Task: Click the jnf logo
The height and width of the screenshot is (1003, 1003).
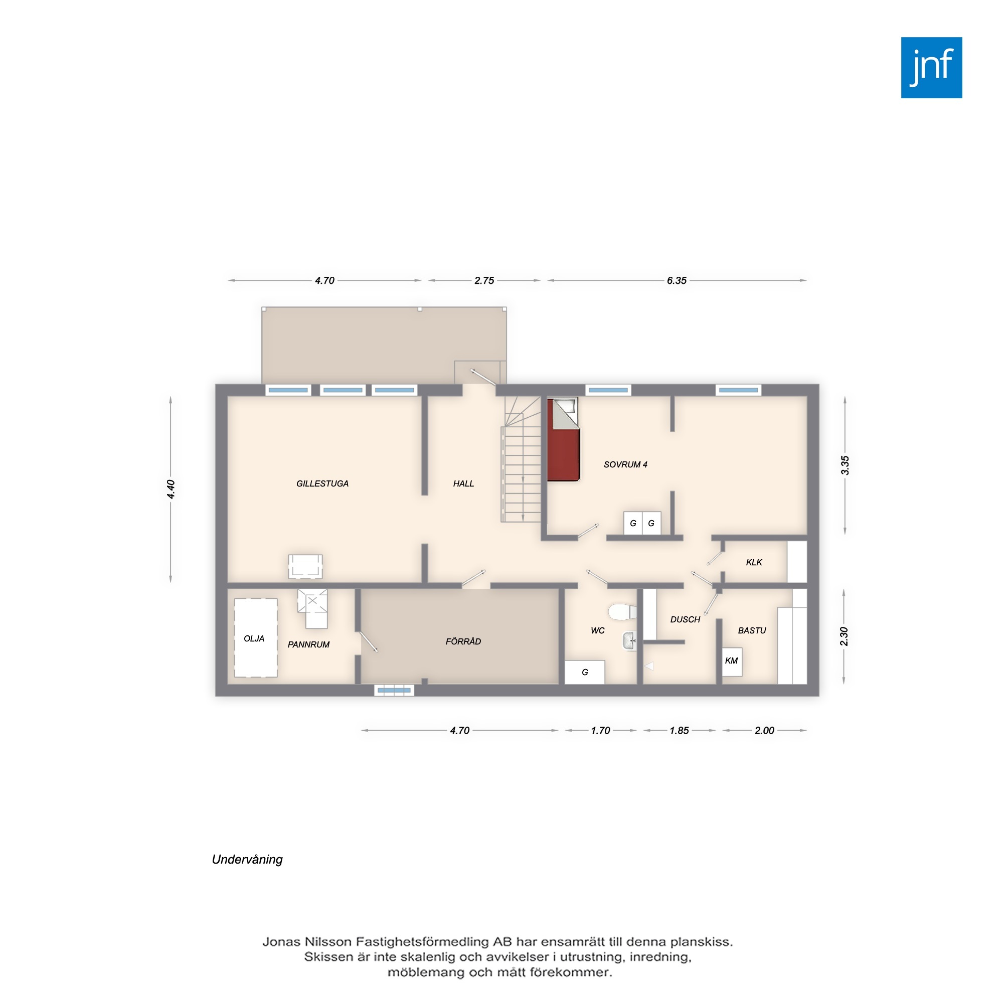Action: (931, 68)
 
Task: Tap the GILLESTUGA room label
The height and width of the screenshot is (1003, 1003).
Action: (322, 483)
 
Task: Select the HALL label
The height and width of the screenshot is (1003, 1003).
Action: (463, 483)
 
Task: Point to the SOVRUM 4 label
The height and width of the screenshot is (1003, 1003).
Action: (625, 464)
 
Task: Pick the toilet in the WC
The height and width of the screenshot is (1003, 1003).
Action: (622, 612)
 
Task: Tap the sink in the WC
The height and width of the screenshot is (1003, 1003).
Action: (629, 640)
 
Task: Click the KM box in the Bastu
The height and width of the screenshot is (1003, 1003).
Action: (732, 661)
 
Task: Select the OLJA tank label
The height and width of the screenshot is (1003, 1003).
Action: (254, 638)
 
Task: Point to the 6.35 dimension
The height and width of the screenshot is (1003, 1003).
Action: (677, 280)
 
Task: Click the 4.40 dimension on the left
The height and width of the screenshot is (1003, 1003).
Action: (171, 489)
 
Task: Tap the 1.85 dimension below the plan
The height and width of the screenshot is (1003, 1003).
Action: (679, 731)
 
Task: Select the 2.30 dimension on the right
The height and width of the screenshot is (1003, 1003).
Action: (844, 636)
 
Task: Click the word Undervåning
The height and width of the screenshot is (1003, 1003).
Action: (247, 860)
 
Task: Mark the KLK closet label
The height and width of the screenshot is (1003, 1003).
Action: (754, 562)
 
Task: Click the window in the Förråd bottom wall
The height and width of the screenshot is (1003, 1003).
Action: (394, 690)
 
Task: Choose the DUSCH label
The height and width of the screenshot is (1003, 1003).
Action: (685, 619)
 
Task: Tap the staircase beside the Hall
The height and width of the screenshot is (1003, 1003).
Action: (521, 459)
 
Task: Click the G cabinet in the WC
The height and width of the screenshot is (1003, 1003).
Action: (585, 672)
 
